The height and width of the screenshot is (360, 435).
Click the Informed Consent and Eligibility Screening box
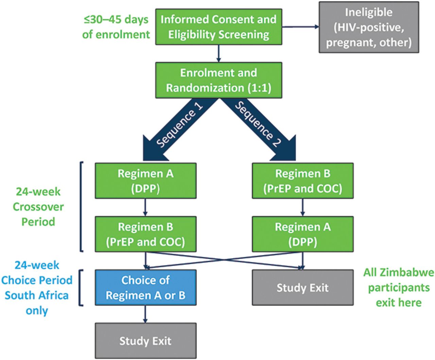219,26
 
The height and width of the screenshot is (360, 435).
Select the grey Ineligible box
369,27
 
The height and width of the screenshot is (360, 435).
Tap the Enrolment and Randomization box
219,80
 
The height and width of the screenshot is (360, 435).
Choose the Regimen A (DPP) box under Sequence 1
146,181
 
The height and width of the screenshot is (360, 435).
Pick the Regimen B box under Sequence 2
303,181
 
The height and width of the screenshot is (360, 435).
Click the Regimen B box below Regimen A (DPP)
146,234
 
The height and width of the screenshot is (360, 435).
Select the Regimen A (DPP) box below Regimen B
303,234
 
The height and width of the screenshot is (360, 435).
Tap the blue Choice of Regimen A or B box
146,288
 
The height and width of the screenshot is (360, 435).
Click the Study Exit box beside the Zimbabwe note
303,288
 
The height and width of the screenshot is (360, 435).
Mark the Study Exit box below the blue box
146,341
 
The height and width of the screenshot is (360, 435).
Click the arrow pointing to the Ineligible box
300,26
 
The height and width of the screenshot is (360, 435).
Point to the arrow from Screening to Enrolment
219,53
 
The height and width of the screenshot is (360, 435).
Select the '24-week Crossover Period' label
38,206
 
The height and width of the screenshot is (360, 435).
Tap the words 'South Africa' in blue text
37,295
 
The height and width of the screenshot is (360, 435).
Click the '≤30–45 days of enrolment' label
116,27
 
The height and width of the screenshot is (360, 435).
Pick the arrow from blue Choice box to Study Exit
145,314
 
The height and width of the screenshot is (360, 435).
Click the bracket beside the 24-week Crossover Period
81,206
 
